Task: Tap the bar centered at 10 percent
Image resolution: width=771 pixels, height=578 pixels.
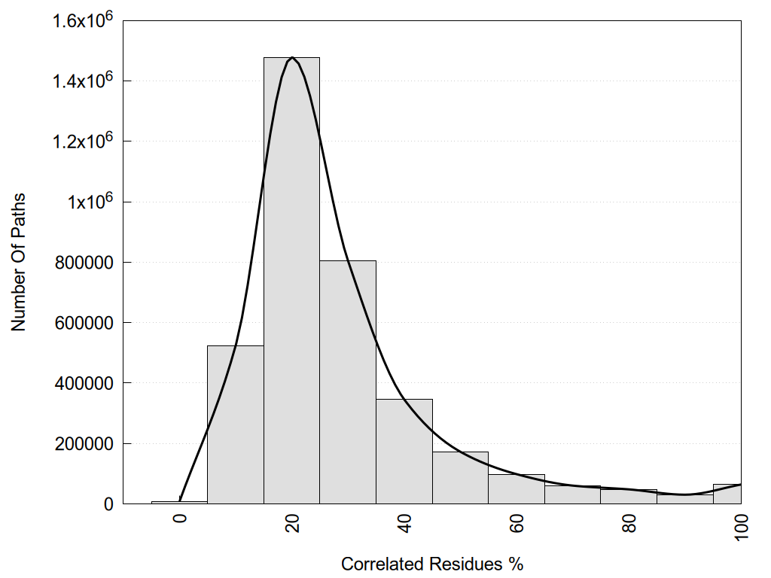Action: (235, 424)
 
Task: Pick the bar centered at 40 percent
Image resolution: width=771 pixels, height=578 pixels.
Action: (404, 452)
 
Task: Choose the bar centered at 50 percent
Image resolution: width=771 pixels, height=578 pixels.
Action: (460, 478)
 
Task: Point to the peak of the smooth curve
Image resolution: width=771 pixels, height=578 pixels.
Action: (292, 57)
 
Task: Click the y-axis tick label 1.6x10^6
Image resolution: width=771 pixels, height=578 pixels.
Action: (82, 20)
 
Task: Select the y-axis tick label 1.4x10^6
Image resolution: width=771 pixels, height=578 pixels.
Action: (82, 81)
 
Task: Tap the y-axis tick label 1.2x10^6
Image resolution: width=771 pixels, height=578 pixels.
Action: (82, 141)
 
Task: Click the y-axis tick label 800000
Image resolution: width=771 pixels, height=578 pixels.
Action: (87, 263)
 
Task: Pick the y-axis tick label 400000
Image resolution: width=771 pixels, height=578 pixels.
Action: (87, 384)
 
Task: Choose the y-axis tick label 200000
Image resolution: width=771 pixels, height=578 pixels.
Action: (87, 444)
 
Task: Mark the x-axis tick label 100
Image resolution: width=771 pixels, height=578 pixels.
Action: (742, 528)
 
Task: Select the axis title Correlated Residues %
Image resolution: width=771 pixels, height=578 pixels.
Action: (432, 564)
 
